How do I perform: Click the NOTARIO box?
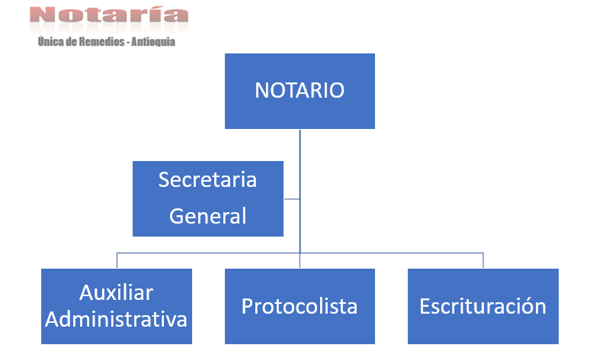coord(300,91)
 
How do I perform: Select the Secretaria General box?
coord(208,198)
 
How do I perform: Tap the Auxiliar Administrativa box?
coord(117,306)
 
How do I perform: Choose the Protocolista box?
coord(300,306)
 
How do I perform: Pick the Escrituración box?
coord(483,306)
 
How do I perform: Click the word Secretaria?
coord(207,179)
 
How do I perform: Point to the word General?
coord(207,216)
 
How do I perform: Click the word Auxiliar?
coord(117,293)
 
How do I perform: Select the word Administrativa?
coord(116,319)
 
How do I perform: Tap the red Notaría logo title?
coord(108,15)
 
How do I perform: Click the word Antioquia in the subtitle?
coord(153,42)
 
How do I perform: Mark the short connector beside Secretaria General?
coord(292,198)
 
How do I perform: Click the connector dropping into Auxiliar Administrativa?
coord(117,260)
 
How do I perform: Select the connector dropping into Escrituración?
coord(483,260)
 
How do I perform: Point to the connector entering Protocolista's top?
coord(300,261)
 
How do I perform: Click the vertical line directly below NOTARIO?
coord(300,191)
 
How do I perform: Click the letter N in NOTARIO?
coord(261,91)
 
